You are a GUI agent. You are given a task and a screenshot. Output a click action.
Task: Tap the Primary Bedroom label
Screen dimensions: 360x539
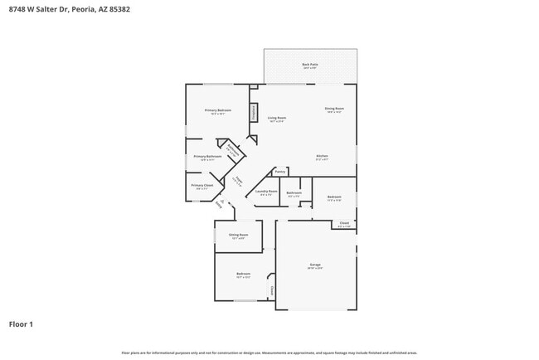click(x=218, y=110)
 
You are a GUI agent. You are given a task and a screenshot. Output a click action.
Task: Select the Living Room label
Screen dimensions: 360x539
click(x=277, y=119)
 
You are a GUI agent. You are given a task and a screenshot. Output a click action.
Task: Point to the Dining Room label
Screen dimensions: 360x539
click(x=334, y=109)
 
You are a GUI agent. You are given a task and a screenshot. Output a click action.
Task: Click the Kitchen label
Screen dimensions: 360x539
click(x=322, y=156)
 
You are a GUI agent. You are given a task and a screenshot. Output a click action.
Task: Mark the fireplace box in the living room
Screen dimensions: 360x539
click(x=254, y=113)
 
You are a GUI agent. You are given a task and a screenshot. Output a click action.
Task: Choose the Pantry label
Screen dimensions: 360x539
click(x=280, y=172)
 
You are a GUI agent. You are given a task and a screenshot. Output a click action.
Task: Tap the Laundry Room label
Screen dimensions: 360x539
click(x=266, y=192)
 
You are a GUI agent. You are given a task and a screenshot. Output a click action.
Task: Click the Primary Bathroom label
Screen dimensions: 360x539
click(x=207, y=156)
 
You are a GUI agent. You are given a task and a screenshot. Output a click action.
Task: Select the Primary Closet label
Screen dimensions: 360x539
click(x=202, y=185)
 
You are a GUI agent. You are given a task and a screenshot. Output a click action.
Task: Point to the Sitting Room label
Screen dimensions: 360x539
click(x=238, y=235)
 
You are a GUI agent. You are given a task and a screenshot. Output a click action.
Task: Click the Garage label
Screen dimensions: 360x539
click(x=315, y=265)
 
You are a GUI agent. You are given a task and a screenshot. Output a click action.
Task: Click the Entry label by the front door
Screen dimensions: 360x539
click(x=219, y=203)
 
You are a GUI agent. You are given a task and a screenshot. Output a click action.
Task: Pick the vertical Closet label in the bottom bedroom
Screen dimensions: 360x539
click(x=271, y=290)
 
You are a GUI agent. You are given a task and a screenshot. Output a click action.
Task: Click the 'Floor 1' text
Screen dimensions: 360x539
click(x=21, y=324)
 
